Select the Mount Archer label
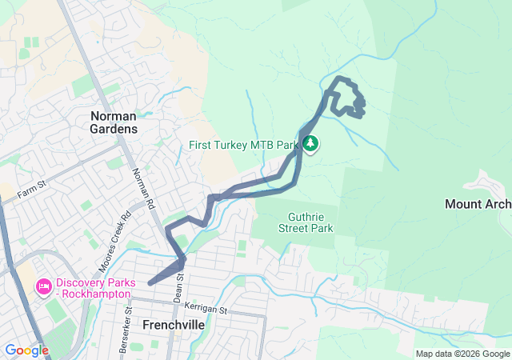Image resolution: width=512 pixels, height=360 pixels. (478, 204)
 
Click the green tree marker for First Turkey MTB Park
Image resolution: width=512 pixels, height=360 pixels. (310, 145)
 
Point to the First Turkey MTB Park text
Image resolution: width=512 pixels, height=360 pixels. (243, 146)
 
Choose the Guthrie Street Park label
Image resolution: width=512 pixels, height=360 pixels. (311, 222)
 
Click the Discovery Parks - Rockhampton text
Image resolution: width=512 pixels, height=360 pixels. (92, 289)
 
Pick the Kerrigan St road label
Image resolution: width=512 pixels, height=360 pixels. (206, 309)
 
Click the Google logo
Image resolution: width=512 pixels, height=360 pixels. (26, 350)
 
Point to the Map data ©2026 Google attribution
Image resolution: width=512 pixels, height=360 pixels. (462, 354)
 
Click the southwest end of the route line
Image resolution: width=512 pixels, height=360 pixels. (150, 283)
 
